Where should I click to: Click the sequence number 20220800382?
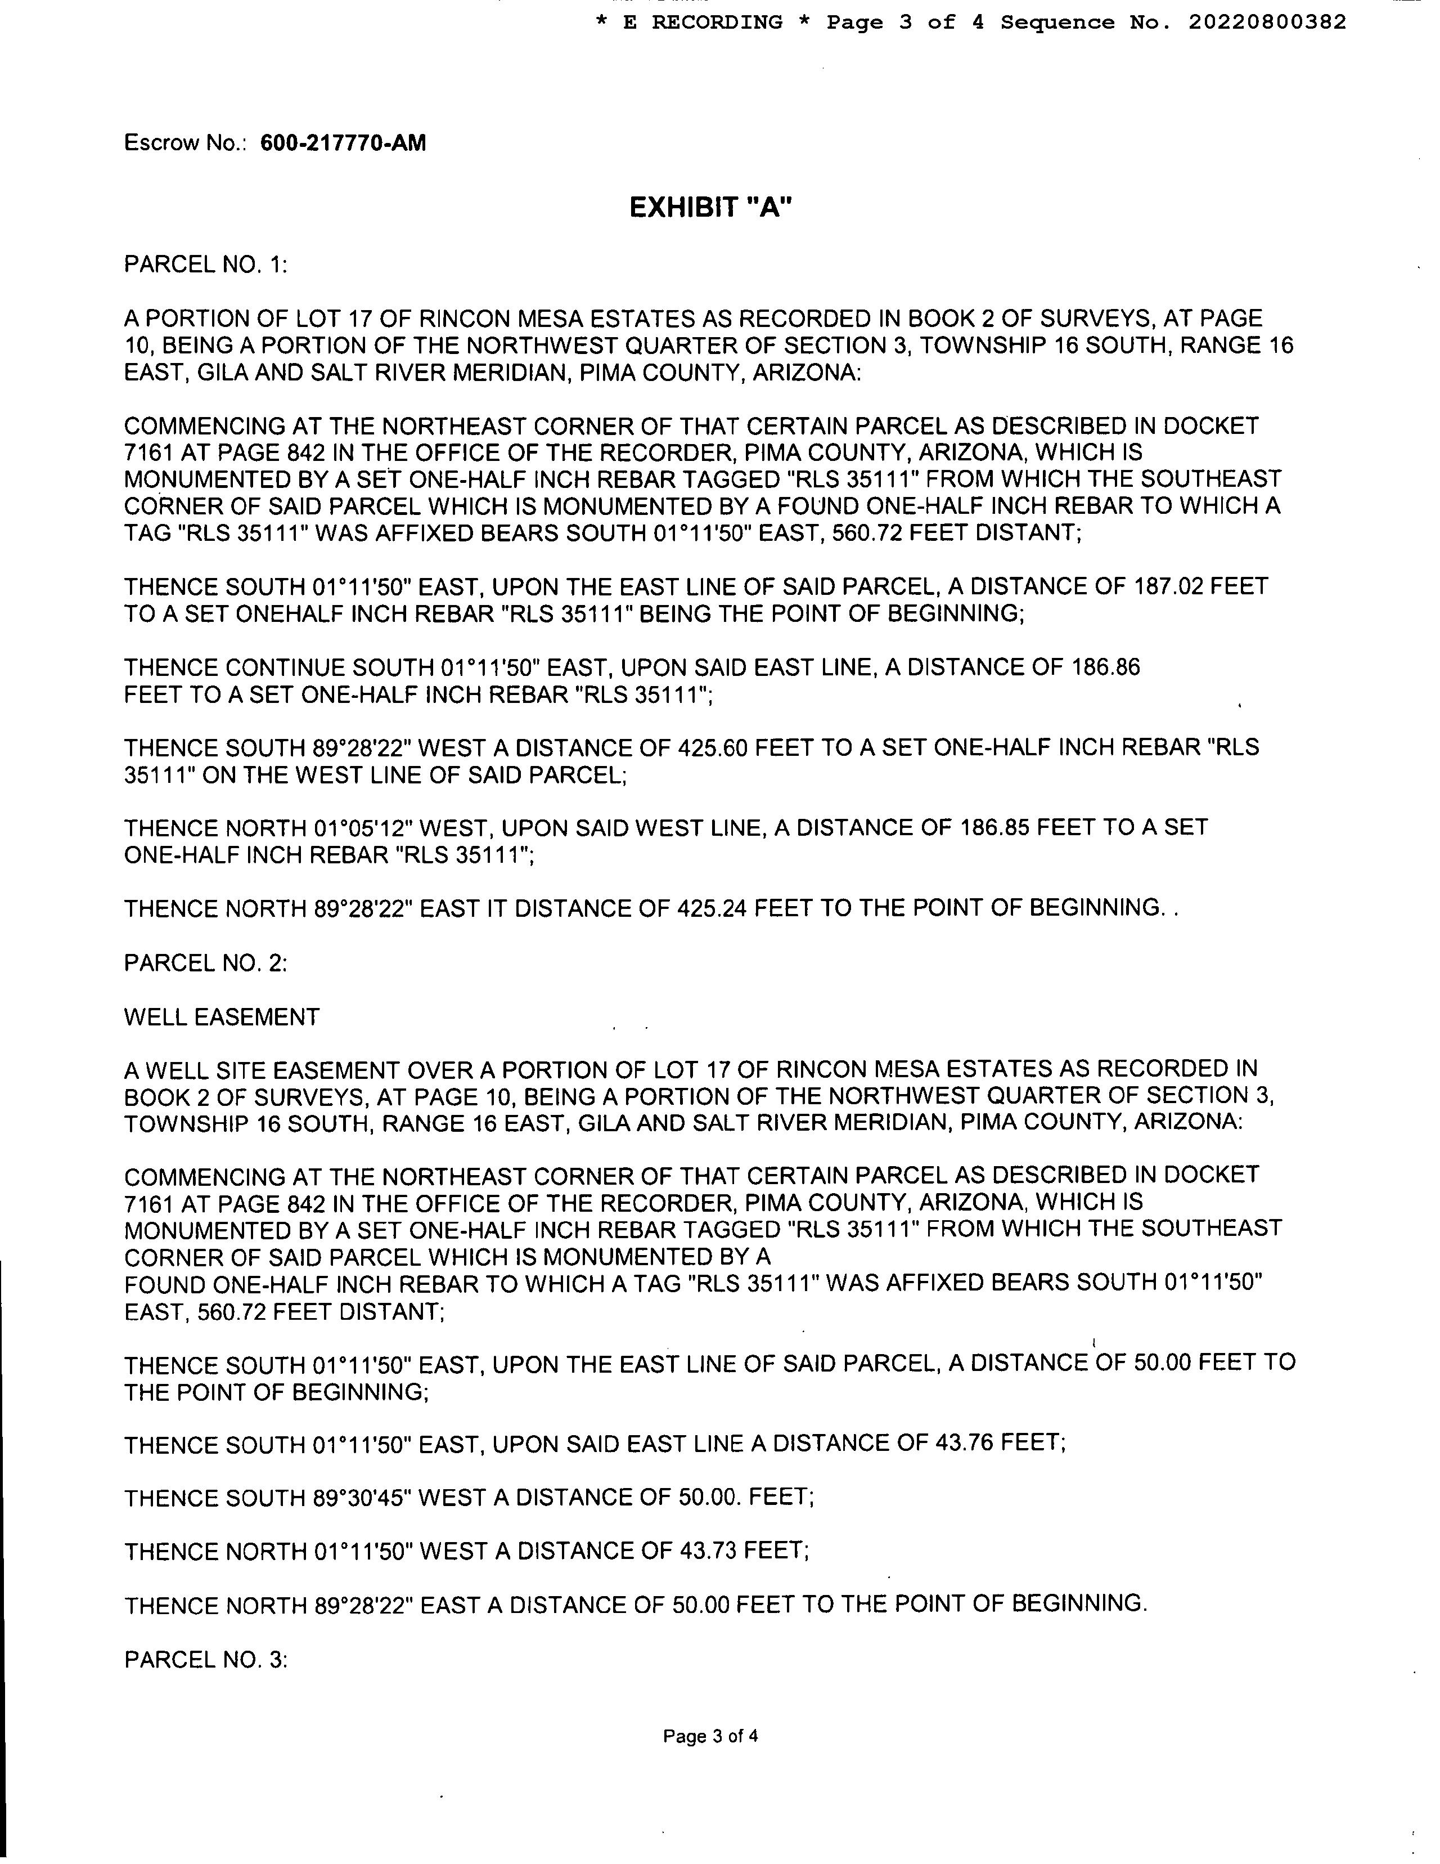point(1267,22)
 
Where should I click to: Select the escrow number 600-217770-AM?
point(343,142)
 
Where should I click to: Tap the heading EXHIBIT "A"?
point(710,208)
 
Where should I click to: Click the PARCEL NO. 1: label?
point(205,265)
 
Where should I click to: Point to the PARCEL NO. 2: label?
point(205,963)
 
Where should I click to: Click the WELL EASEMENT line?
point(222,1016)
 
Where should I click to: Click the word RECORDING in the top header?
point(717,22)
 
